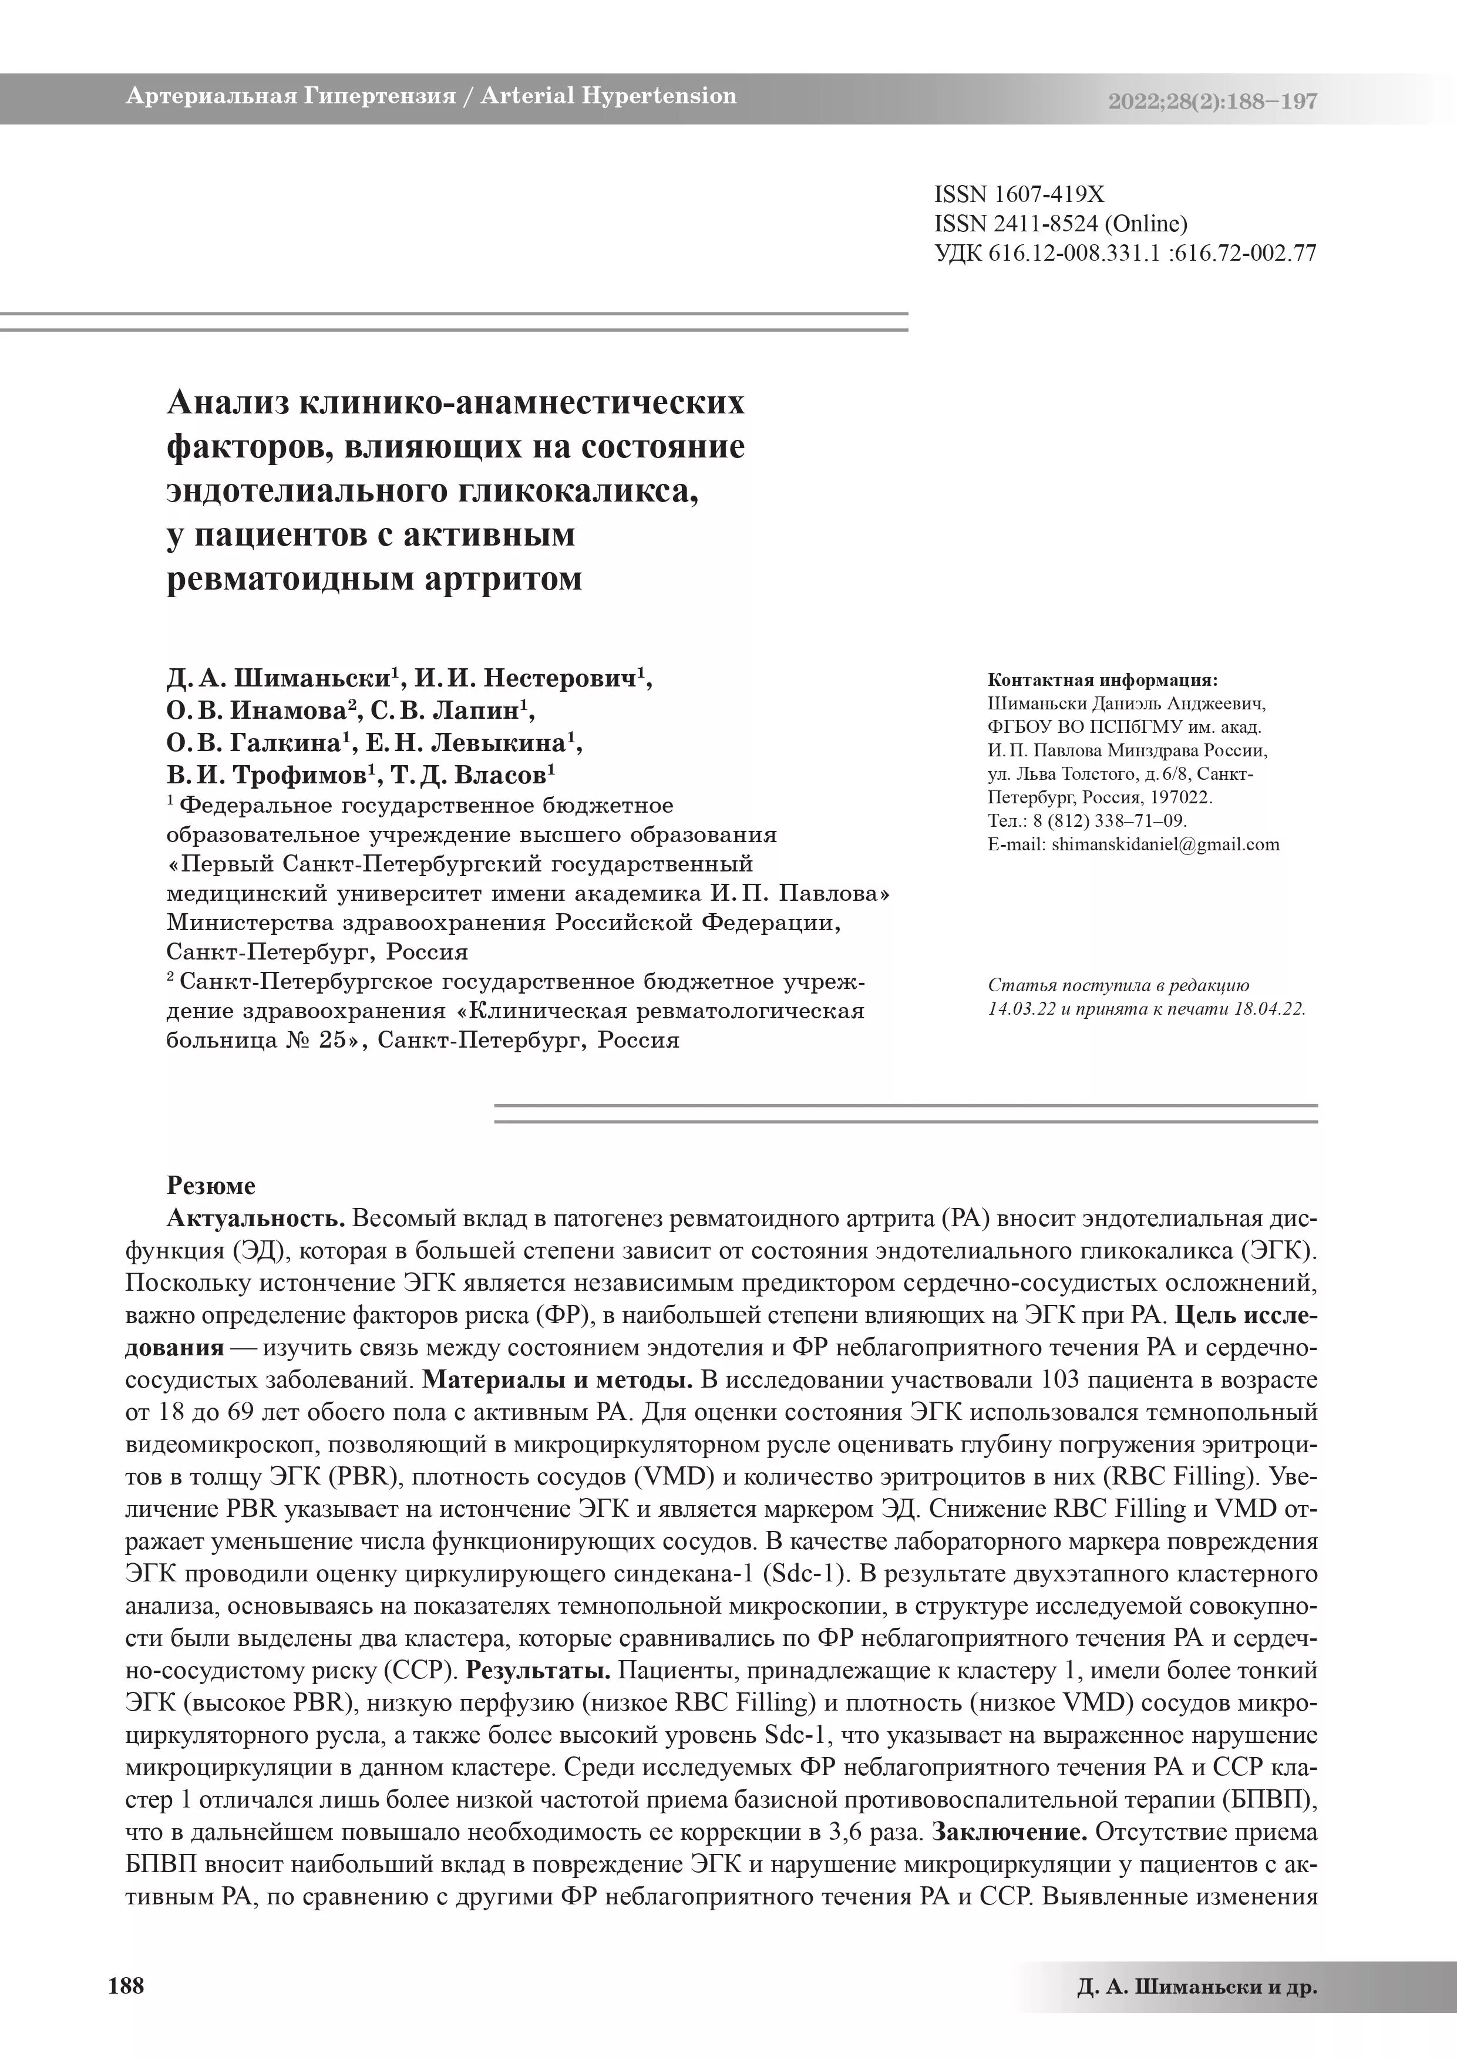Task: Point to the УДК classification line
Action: (x=1125, y=253)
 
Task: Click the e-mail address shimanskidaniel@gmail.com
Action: (x=1165, y=844)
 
